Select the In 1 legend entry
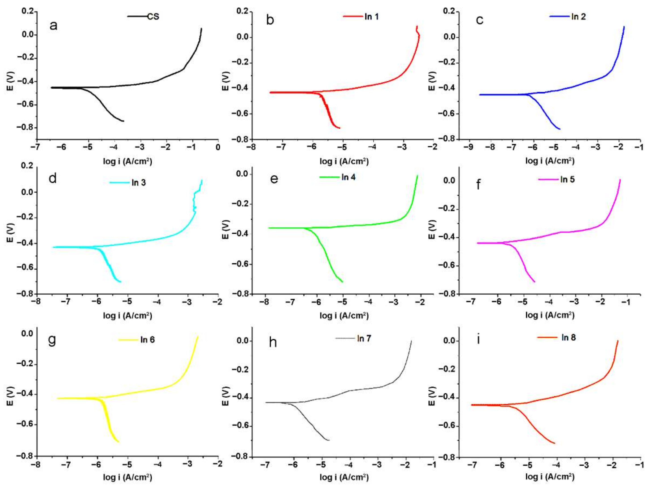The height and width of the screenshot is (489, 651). coord(371,17)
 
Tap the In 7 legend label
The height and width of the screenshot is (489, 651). coord(364,339)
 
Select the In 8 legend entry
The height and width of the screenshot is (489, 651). coord(568,337)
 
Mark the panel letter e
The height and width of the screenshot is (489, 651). coord(274,179)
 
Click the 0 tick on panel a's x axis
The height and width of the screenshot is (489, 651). coord(218,147)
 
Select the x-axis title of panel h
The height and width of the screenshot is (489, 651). coord(344,477)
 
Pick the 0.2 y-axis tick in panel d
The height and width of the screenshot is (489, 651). coord(27,166)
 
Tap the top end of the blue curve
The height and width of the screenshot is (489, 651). coord(624,27)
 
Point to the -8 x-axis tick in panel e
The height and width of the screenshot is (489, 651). coord(265,302)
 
